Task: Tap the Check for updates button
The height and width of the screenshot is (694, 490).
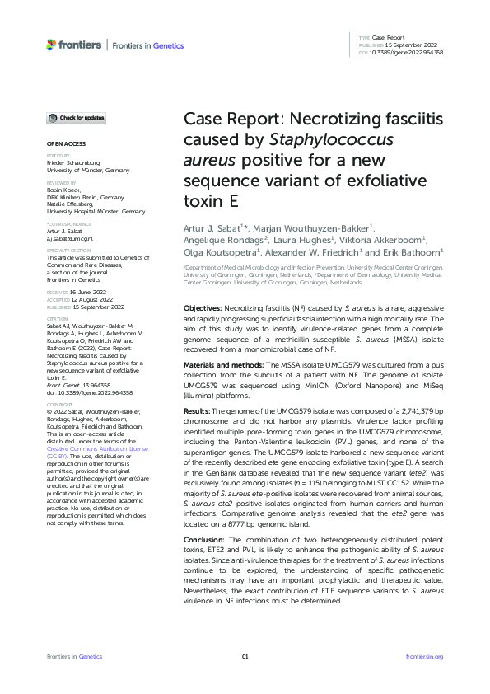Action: (x=76, y=119)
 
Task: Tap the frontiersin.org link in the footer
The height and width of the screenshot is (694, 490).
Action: (x=425, y=656)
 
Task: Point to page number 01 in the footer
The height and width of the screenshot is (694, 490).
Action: (x=245, y=656)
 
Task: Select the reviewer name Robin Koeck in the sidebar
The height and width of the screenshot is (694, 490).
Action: (x=65, y=190)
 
